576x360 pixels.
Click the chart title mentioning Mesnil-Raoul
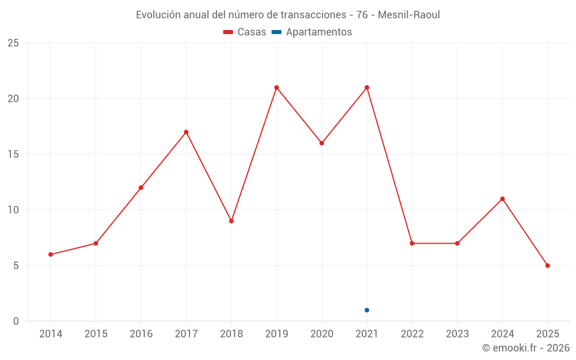coord(287,15)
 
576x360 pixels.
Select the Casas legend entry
coord(245,32)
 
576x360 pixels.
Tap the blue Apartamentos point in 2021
coord(367,310)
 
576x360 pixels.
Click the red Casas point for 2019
coord(276,88)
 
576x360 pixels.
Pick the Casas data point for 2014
coord(51,255)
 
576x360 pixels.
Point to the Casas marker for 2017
coord(186,132)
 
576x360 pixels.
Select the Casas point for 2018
coord(232,221)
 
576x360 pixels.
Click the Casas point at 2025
coord(548,266)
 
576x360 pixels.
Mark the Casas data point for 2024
coord(502,199)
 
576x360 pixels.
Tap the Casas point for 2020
coord(322,143)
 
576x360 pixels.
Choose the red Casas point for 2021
coord(367,88)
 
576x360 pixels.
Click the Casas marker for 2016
coord(141,188)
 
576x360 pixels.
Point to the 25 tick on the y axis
coord(13,43)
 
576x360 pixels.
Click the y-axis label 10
coord(13,210)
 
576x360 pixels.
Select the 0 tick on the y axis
coord(16,321)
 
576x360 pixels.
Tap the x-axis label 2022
coord(412,334)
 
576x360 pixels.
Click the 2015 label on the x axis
coord(96,334)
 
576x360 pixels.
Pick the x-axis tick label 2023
coord(457,334)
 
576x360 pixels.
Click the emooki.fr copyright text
coord(525,348)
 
